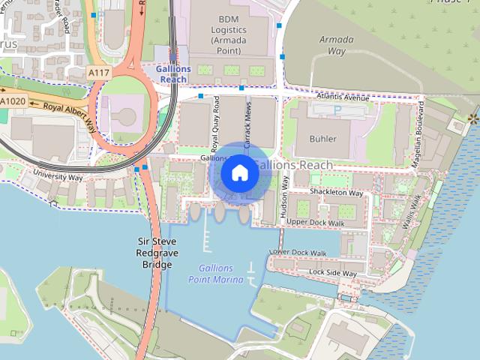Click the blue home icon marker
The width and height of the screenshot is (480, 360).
pos(240,173)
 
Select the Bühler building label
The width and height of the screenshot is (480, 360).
pos(322,139)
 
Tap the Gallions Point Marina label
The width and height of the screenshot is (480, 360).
pos(216,274)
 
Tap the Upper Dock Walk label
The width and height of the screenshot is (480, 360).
pos(315,222)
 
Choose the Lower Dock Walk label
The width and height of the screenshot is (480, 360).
pos(298,253)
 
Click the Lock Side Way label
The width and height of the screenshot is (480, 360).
pos(333,272)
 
